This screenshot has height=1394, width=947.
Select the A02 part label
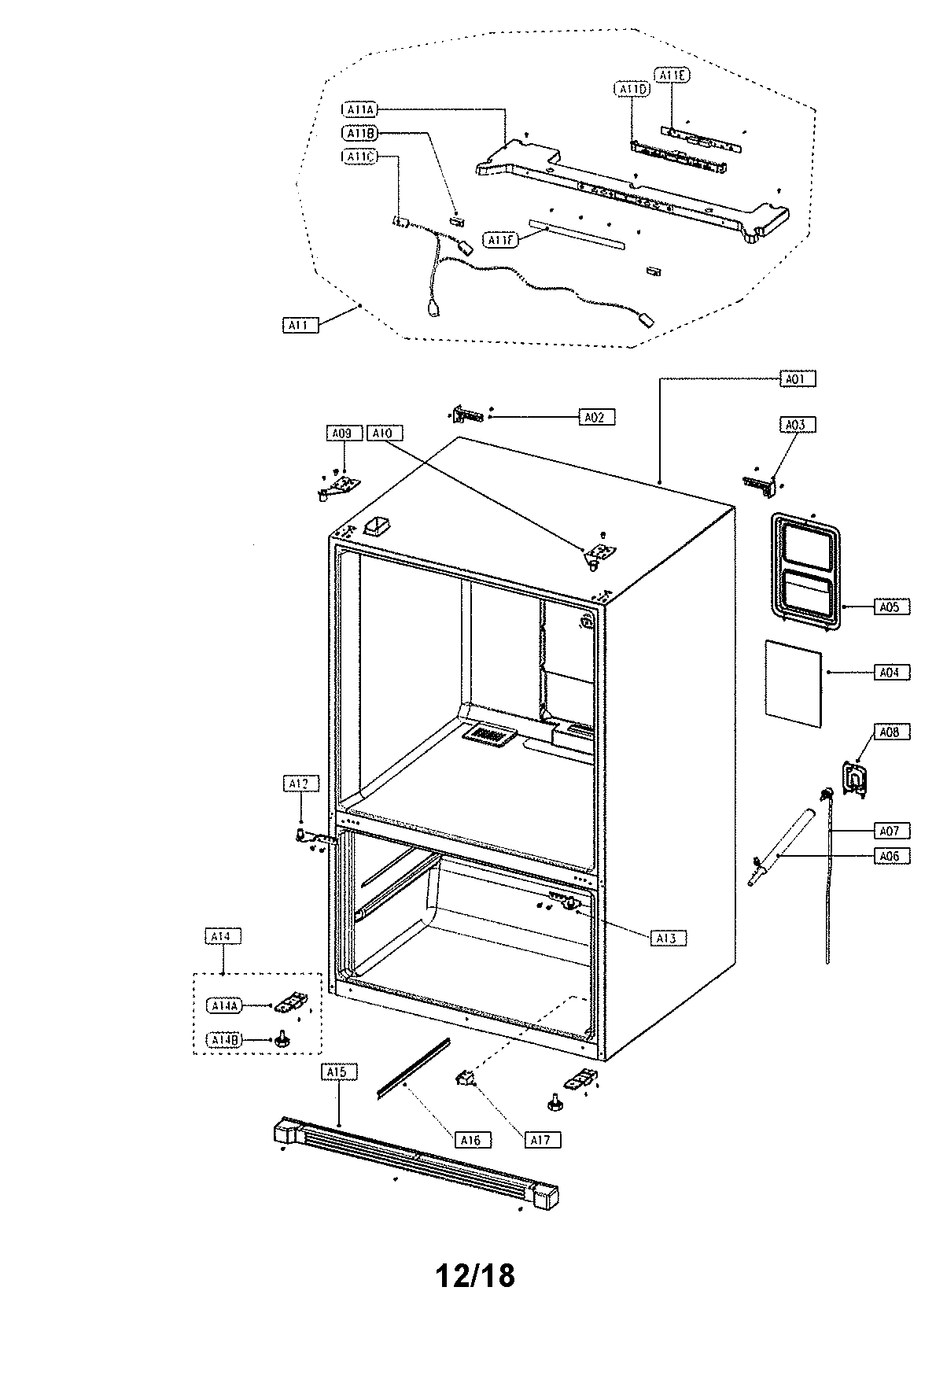tap(595, 417)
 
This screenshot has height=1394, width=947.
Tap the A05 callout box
tap(890, 607)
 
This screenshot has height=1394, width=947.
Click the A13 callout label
tap(667, 938)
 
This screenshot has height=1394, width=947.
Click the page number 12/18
tap(475, 1275)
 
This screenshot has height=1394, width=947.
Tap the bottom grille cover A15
tap(417, 1166)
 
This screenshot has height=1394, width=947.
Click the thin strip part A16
tap(413, 1067)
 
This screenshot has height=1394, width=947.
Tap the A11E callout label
tap(673, 75)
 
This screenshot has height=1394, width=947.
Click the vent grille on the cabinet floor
tap(489, 735)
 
